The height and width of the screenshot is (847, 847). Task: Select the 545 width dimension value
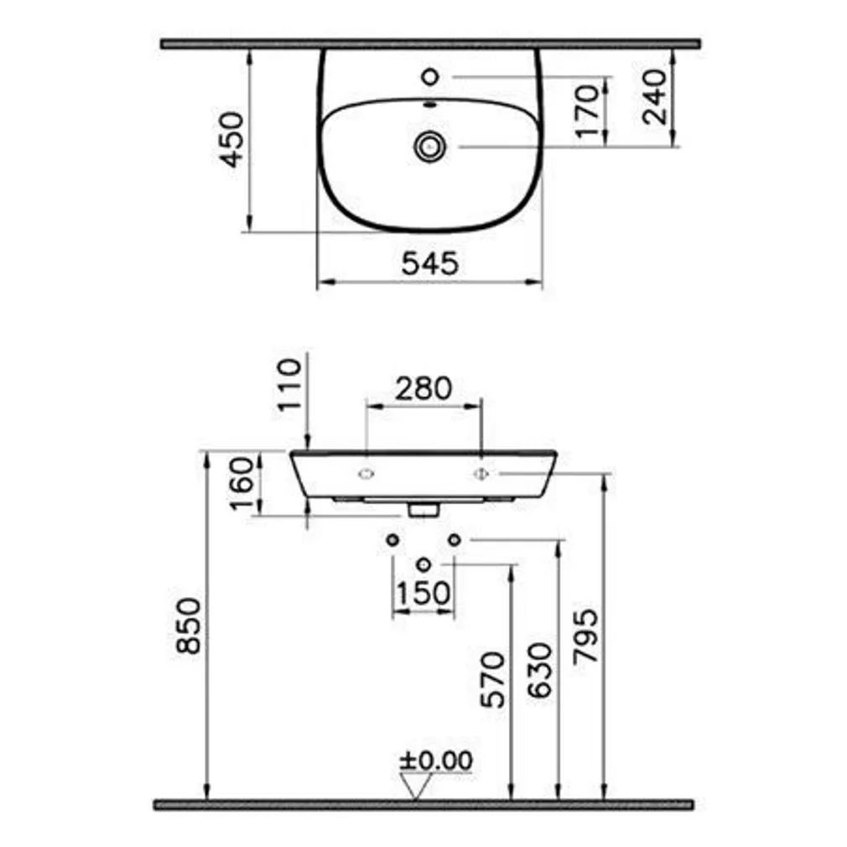coord(429,264)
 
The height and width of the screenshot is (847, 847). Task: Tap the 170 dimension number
coord(590,109)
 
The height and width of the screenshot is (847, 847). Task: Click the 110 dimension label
coord(288,384)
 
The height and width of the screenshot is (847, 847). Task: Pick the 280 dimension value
coord(423,387)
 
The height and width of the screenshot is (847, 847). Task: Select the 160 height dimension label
coord(242,484)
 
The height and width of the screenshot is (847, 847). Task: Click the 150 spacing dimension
coord(423,593)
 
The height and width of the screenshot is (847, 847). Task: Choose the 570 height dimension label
coord(495,678)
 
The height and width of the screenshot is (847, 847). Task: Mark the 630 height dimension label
coord(542,671)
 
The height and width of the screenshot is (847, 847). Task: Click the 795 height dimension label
coord(587,637)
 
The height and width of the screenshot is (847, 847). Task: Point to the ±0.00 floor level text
coord(435,760)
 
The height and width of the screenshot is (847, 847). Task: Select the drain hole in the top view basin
coord(430,146)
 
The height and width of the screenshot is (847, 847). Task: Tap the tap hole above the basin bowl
coord(430,77)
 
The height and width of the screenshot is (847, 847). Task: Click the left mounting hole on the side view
coord(366,475)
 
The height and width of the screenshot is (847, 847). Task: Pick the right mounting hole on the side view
coord(481,475)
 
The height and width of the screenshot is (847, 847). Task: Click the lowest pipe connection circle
coord(423,564)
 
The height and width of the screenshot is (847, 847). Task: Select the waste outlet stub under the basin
coord(423,508)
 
